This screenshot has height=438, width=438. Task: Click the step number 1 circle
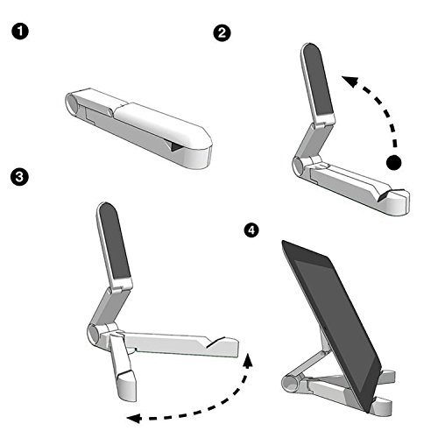(x=19, y=32)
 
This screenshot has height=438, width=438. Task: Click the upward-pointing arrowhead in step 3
(x=248, y=360)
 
